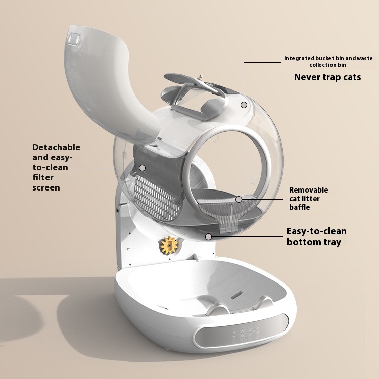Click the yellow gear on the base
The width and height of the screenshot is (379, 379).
click(169, 245)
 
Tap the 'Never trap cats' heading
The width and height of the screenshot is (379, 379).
click(327, 77)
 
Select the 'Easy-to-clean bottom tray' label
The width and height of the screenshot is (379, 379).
click(316, 236)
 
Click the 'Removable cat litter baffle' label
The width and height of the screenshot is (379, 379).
click(308, 199)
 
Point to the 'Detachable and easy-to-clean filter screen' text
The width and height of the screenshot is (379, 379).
click(56, 167)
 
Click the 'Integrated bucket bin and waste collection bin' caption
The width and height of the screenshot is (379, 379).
click(328, 61)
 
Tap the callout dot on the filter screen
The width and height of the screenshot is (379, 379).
click(143, 168)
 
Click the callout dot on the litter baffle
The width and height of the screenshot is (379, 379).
click(239, 200)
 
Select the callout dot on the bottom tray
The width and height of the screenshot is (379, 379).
click(208, 236)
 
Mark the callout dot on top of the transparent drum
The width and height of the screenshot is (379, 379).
click(244, 105)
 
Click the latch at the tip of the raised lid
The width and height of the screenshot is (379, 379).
click(74, 39)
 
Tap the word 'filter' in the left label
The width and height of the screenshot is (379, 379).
click(43, 177)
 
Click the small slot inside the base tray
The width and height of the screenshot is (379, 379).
click(237, 295)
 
